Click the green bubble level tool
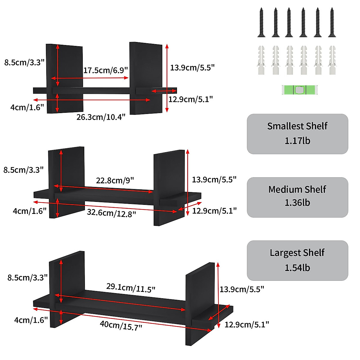click(299, 90)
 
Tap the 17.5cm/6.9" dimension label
click(106, 70)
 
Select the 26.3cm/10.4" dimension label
click(101, 117)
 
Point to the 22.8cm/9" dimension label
click(115, 180)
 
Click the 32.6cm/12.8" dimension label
click(111, 213)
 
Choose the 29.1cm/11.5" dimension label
click(131, 288)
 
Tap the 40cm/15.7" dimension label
click(121, 325)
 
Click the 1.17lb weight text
click(297, 140)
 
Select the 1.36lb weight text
click(297, 202)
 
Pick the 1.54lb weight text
click(297, 268)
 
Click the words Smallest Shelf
click(297, 126)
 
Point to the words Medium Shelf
click(297, 189)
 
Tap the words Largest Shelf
click(297, 253)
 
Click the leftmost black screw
click(261, 22)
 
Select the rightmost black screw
click(332, 22)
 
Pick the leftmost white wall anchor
click(261, 60)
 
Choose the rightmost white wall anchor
click(332, 60)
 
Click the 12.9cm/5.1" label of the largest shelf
click(247, 324)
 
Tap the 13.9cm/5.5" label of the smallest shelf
click(192, 67)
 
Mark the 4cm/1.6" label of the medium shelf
click(29, 211)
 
